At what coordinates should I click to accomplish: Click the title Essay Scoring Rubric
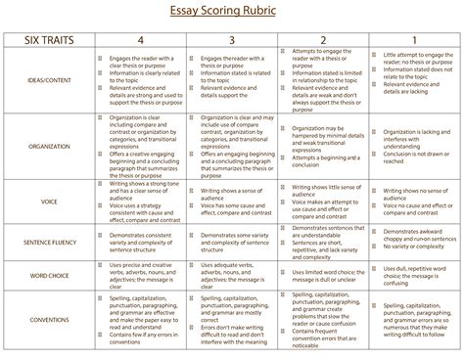(x=231, y=14)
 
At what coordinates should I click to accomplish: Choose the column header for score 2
(x=323, y=42)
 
